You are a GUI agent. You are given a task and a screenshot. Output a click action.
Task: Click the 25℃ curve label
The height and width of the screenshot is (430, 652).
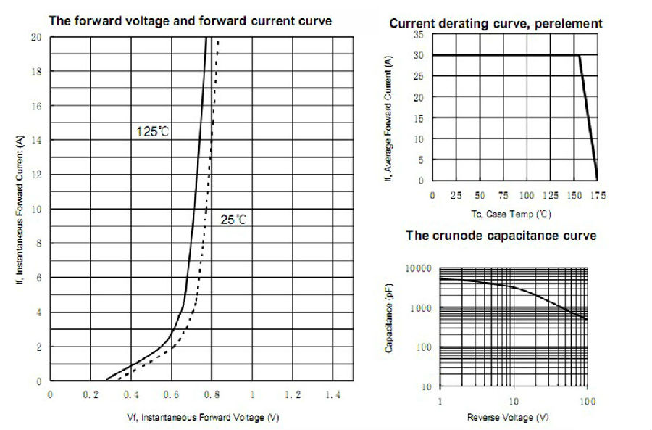pyautogui.click(x=233, y=219)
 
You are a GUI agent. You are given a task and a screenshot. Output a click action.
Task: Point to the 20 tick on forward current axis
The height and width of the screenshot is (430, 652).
pyautogui.click(x=36, y=37)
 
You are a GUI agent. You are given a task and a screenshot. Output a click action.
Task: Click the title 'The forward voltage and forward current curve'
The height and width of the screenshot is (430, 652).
pyautogui.click(x=190, y=20)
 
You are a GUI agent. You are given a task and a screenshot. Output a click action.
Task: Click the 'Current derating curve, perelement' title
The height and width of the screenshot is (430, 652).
pyautogui.click(x=496, y=23)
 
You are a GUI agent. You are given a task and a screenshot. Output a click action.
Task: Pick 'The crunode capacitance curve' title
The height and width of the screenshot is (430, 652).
pyautogui.click(x=501, y=236)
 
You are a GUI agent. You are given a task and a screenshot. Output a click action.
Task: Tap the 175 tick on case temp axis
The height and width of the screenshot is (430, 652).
pyautogui.click(x=598, y=196)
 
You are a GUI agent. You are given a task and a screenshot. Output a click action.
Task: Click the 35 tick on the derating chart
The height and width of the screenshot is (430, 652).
pyautogui.click(x=418, y=34)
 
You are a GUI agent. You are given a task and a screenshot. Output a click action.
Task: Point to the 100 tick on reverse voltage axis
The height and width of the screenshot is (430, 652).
pyautogui.click(x=587, y=401)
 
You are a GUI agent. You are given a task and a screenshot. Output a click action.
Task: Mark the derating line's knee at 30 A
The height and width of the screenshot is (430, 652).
pyautogui.click(x=580, y=55)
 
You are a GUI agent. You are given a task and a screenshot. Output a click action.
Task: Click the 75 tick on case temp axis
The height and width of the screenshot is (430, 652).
pyautogui.click(x=503, y=196)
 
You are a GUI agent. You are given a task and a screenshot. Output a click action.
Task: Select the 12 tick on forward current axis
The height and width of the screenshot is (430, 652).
pyautogui.click(x=36, y=175)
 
